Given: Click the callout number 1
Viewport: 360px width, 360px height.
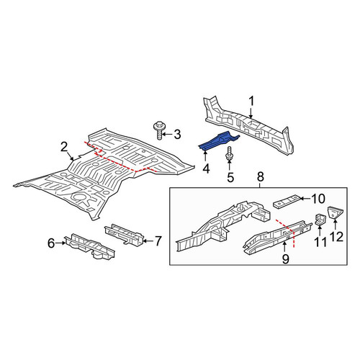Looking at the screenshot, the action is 251,102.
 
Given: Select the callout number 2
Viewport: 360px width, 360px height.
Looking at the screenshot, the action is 64,147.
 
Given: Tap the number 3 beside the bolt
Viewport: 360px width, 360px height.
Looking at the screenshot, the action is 177,135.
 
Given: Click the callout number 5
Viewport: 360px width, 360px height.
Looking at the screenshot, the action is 230,178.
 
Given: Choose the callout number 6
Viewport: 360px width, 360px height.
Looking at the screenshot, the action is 51,243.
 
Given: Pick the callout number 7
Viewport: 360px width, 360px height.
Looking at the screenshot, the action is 158,241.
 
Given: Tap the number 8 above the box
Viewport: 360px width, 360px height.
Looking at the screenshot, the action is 261,177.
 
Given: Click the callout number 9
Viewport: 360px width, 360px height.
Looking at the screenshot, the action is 285,258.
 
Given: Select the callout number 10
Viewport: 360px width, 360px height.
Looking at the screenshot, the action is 318,199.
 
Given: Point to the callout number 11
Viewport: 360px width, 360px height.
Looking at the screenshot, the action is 320,242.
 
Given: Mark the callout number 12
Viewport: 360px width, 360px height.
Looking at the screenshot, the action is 336,237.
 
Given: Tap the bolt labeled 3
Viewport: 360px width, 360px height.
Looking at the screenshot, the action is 158,130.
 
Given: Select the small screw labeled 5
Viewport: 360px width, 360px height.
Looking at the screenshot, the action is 230,153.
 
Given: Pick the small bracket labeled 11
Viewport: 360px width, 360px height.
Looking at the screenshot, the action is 320,220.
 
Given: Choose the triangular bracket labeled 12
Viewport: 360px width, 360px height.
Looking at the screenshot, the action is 335,212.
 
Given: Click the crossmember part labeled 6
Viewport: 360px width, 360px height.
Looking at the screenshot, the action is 89,246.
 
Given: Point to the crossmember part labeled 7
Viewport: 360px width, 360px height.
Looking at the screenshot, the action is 125,234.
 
